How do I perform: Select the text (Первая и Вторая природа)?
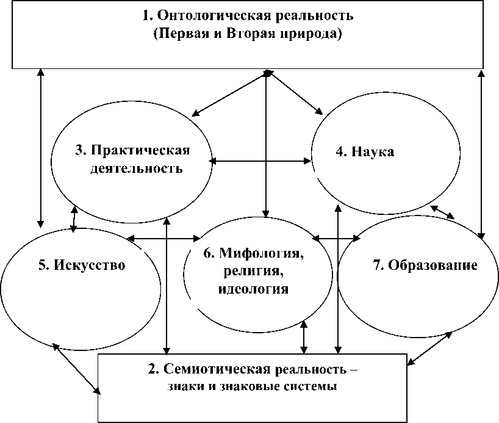click(246, 34)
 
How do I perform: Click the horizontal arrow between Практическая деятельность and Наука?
click(260, 161)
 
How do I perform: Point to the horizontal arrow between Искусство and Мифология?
click(164, 237)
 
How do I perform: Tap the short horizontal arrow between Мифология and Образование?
click(336, 237)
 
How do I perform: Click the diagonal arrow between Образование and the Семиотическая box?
click(430, 349)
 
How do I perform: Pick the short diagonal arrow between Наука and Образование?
click(442, 212)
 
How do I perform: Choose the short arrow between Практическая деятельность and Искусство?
click(74, 219)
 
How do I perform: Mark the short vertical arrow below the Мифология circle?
click(304, 338)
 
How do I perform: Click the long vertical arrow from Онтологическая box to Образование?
click(482, 153)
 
